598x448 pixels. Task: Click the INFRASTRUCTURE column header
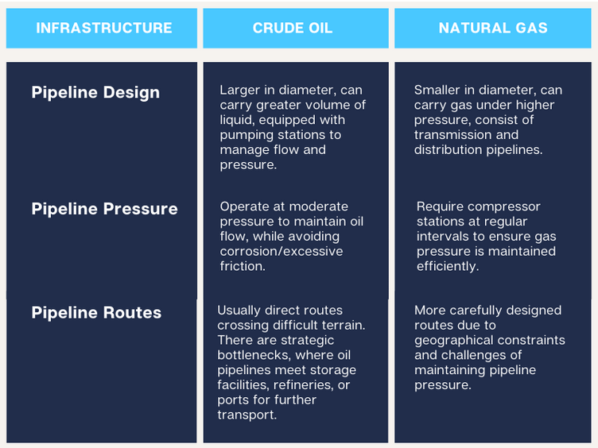pos(103,28)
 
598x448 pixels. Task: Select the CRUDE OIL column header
pos(293,28)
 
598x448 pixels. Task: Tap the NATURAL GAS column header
pos(493,28)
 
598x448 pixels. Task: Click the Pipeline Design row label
pos(95,93)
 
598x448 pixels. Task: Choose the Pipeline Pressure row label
pos(104,209)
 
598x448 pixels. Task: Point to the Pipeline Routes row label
pos(96,313)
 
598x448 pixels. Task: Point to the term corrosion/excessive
pos(282,252)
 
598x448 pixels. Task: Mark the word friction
pos(243,266)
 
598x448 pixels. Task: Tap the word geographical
pos(452,341)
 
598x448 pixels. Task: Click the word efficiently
pos(448,266)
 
